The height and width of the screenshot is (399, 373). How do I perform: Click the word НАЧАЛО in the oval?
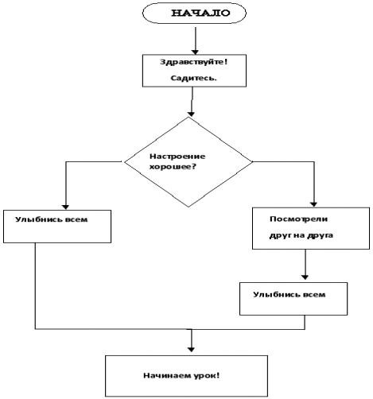(200, 13)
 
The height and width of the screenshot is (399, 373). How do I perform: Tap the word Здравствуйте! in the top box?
(194, 62)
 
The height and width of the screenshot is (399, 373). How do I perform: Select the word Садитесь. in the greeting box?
(193, 78)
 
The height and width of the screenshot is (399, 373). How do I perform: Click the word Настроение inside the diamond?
(177, 157)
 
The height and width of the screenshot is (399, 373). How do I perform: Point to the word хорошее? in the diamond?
(173, 167)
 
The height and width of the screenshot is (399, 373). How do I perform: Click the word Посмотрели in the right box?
(298, 219)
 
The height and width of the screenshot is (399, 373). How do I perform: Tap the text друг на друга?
(301, 235)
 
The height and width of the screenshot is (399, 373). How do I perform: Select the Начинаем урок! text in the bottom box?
(181, 375)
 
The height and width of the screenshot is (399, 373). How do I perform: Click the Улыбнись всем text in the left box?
(51, 219)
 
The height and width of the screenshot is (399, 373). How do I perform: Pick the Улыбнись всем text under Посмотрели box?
(289, 295)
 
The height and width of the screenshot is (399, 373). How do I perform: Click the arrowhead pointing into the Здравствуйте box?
(196, 52)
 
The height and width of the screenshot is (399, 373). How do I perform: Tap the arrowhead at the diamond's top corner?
(191, 114)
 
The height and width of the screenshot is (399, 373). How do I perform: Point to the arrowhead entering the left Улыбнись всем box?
(65, 207)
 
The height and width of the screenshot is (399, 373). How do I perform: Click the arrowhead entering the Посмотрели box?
(313, 204)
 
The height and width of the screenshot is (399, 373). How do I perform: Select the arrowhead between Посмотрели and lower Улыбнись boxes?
(305, 277)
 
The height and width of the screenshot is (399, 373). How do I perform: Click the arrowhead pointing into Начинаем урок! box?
(191, 350)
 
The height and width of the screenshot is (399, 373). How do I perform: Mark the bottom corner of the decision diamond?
(188, 207)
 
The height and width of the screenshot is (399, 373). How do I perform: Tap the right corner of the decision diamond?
(252, 161)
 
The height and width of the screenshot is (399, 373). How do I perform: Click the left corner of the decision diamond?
(125, 161)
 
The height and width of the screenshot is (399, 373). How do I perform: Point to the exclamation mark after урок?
(218, 375)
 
